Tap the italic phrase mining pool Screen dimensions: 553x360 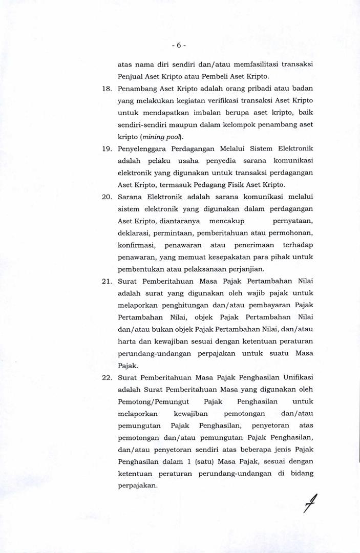[x=159, y=137]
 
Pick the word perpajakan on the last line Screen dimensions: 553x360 [x=137, y=486]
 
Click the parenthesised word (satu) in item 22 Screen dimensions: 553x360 [x=208, y=462]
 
